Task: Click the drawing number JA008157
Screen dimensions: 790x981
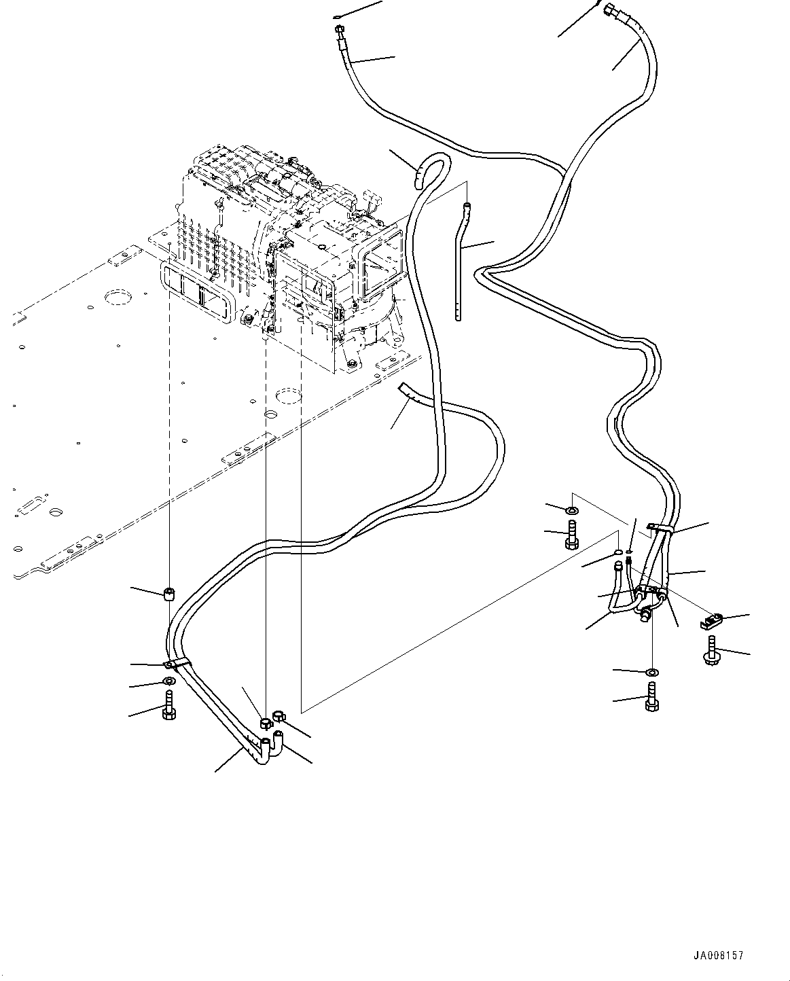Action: click(x=718, y=952)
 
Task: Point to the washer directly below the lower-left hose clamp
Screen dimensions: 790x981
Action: click(x=169, y=682)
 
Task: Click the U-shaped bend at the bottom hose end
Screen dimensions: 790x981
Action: click(x=270, y=753)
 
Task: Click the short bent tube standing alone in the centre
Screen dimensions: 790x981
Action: click(x=461, y=262)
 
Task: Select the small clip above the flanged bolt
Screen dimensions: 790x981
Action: click(x=712, y=621)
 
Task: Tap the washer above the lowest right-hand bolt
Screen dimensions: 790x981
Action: click(x=652, y=673)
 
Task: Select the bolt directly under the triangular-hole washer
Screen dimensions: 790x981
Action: click(x=572, y=534)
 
